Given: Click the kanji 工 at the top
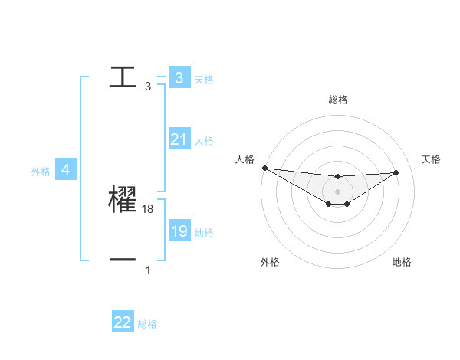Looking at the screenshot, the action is [123, 77].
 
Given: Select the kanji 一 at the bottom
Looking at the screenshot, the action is [123, 260].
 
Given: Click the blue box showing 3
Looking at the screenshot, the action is [179, 77].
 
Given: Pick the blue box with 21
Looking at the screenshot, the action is [179, 139].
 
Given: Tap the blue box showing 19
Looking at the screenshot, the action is [179, 231].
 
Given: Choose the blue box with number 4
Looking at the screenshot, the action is [66, 170].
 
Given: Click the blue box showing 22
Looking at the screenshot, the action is [123, 322].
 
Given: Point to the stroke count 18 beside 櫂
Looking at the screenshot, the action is [148, 209].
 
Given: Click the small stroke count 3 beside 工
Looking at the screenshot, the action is [148, 87].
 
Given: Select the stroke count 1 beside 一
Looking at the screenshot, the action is [148, 270].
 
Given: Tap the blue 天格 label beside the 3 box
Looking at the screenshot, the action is [204, 79].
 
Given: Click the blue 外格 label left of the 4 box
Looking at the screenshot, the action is [41, 172].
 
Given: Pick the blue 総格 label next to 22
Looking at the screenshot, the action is [147, 324].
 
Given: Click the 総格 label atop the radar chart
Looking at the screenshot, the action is [338, 100].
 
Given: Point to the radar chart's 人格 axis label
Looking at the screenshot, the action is [245, 159].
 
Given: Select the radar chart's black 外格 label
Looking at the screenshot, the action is [270, 262].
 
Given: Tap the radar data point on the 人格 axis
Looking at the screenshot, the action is [264, 168].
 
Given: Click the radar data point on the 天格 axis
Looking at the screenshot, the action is [396, 172].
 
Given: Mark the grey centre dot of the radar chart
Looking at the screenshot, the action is [338, 191].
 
